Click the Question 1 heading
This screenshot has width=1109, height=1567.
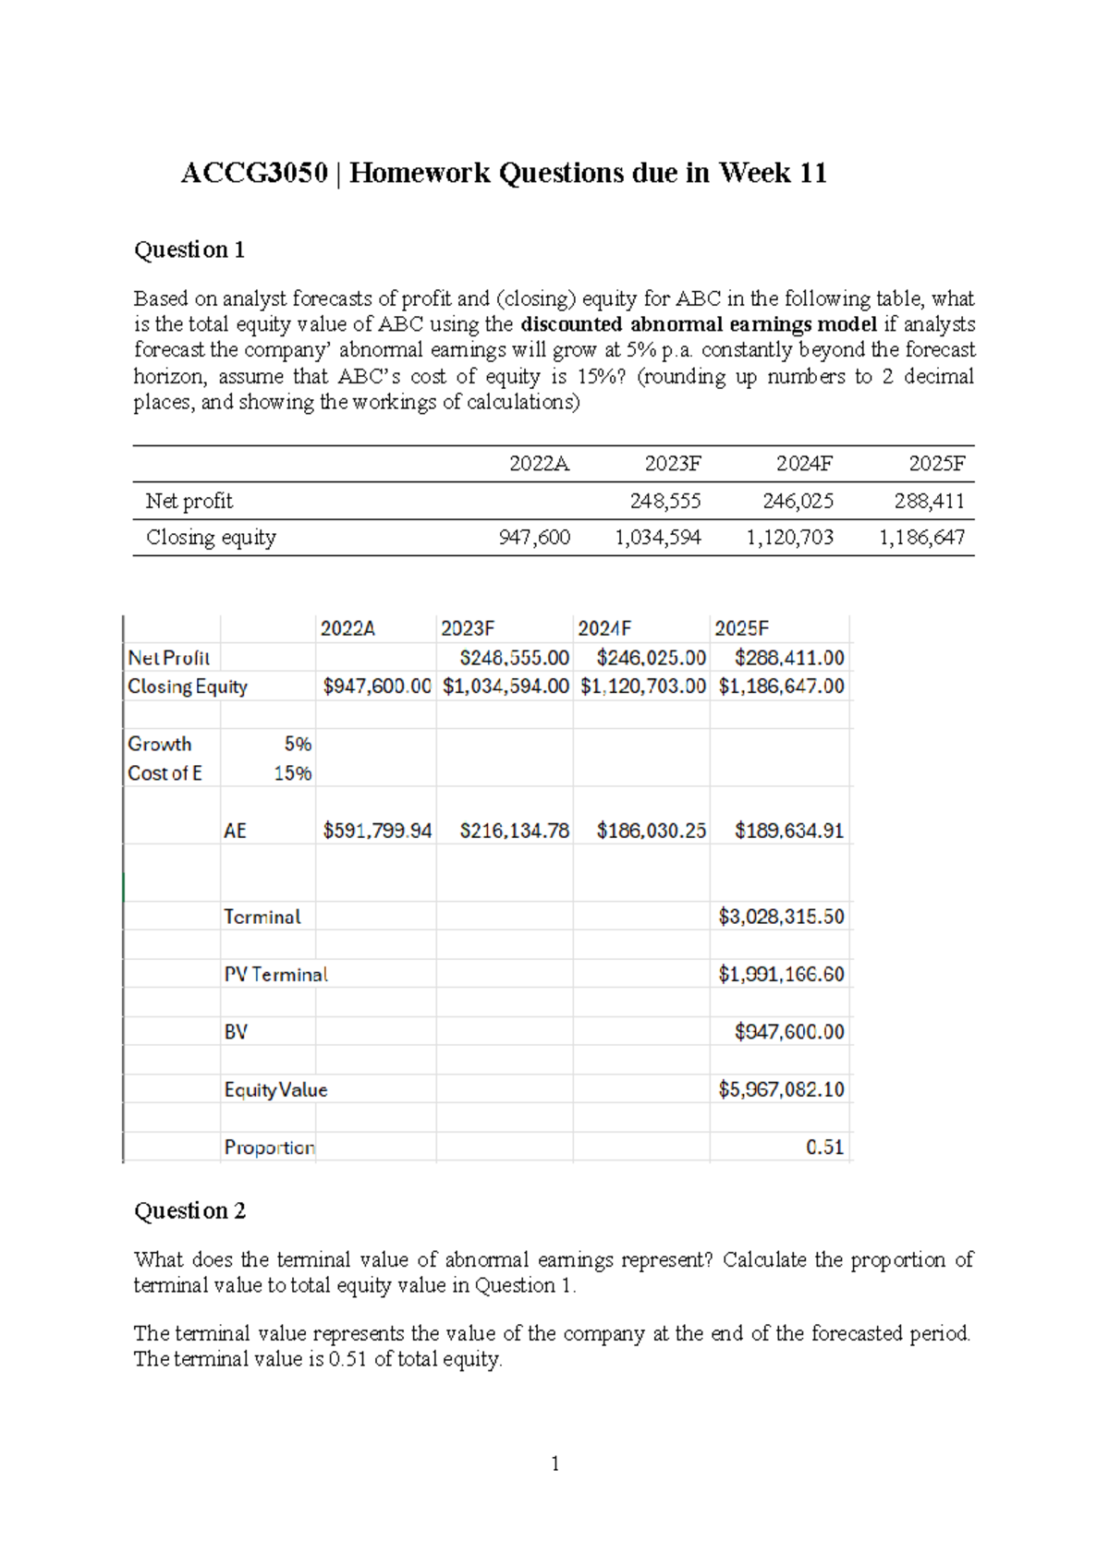coord(189,249)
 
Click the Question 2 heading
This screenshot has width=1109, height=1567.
coord(189,1210)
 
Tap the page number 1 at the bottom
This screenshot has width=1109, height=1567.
coord(554,1463)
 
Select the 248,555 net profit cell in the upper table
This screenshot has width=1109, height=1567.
coord(665,501)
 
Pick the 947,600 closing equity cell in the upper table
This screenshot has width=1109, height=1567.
coord(534,537)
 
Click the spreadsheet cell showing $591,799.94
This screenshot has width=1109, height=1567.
coord(377,831)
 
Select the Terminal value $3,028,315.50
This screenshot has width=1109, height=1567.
coord(781,917)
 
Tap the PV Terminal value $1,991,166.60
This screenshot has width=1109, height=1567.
coord(781,974)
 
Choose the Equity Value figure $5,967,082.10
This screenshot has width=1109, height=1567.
coord(781,1089)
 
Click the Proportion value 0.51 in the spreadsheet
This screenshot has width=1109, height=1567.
coord(824,1147)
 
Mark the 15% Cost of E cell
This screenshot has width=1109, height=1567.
coord(293,773)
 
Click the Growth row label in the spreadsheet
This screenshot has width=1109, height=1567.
coord(160,744)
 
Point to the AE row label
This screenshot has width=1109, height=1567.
coord(235,831)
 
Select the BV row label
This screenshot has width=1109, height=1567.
coord(236,1032)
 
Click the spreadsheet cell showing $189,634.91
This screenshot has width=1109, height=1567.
coord(788,831)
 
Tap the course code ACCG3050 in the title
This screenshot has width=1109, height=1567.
coord(254,173)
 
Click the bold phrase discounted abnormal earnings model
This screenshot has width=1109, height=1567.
coord(699,324)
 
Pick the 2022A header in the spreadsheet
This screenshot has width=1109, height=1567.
coord(347,628)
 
